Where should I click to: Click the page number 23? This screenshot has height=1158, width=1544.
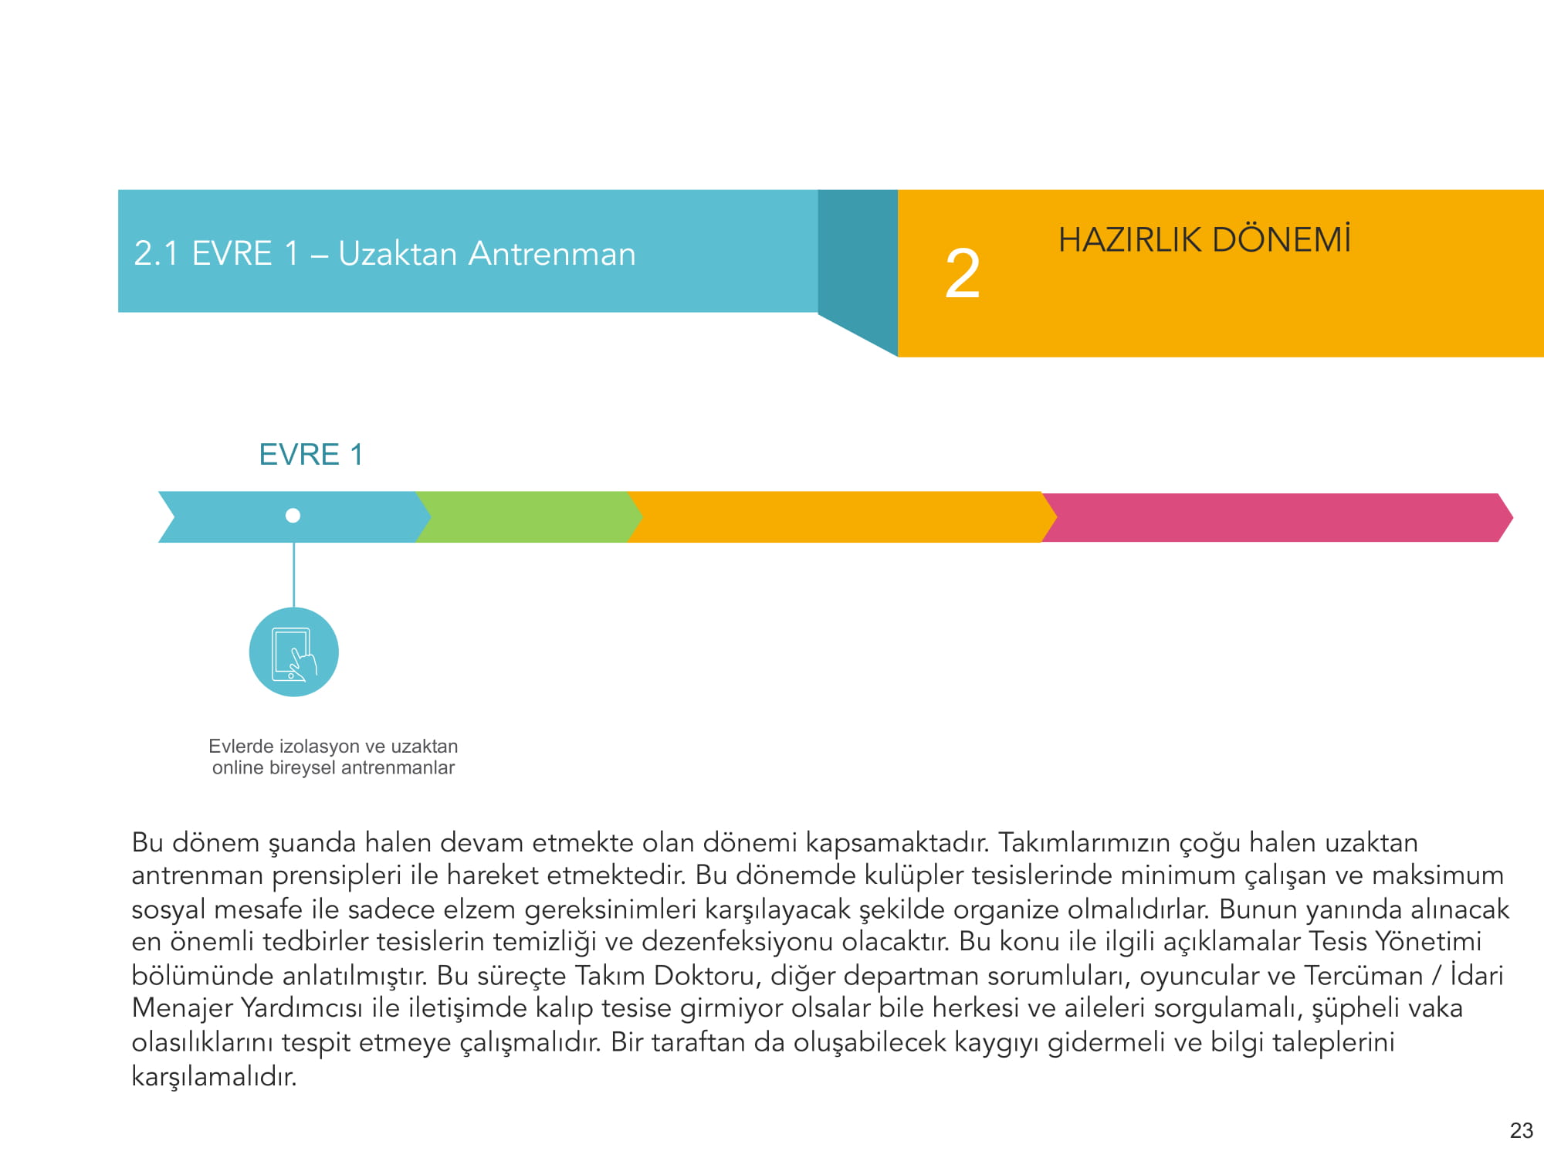(1521, 1131)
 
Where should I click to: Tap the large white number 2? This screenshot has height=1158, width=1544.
(963, 274)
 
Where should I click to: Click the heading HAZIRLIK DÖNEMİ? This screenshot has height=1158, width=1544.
(1204, 240)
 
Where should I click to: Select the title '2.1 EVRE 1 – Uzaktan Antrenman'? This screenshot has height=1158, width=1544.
(384, 254)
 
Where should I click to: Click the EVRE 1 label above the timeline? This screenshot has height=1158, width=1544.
(310, 455)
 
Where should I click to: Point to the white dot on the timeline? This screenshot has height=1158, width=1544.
(293, 516)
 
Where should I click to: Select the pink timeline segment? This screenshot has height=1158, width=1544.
(1274, 517)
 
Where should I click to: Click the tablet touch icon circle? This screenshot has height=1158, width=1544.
(293, 652)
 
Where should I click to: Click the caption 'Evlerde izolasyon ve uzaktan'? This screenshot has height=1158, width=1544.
(333, 747)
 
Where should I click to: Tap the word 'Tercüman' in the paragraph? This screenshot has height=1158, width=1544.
(1363, 976)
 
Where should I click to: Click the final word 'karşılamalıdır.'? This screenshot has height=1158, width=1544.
(214, 1076)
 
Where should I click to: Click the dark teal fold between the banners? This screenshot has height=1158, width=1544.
(857, 262)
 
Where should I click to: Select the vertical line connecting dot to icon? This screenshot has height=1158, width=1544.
(293, 574)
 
